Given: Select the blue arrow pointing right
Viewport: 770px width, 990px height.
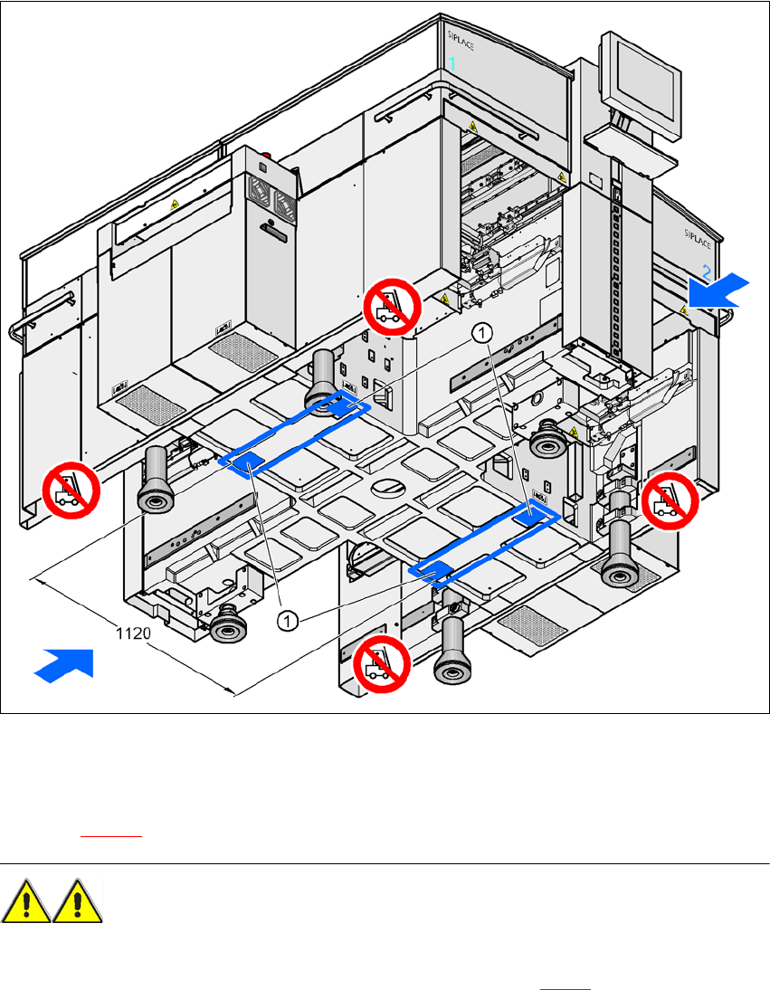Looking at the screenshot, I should (x=63, y=662).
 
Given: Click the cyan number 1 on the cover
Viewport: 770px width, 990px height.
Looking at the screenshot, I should (x=453, y=63).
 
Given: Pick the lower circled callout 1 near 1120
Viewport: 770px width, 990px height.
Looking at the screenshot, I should (x=288, y=620).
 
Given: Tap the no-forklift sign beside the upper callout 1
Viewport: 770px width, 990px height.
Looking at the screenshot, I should (x=393, y=306).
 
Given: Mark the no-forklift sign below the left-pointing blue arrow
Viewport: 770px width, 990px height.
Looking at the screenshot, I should (x=670, y=501).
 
